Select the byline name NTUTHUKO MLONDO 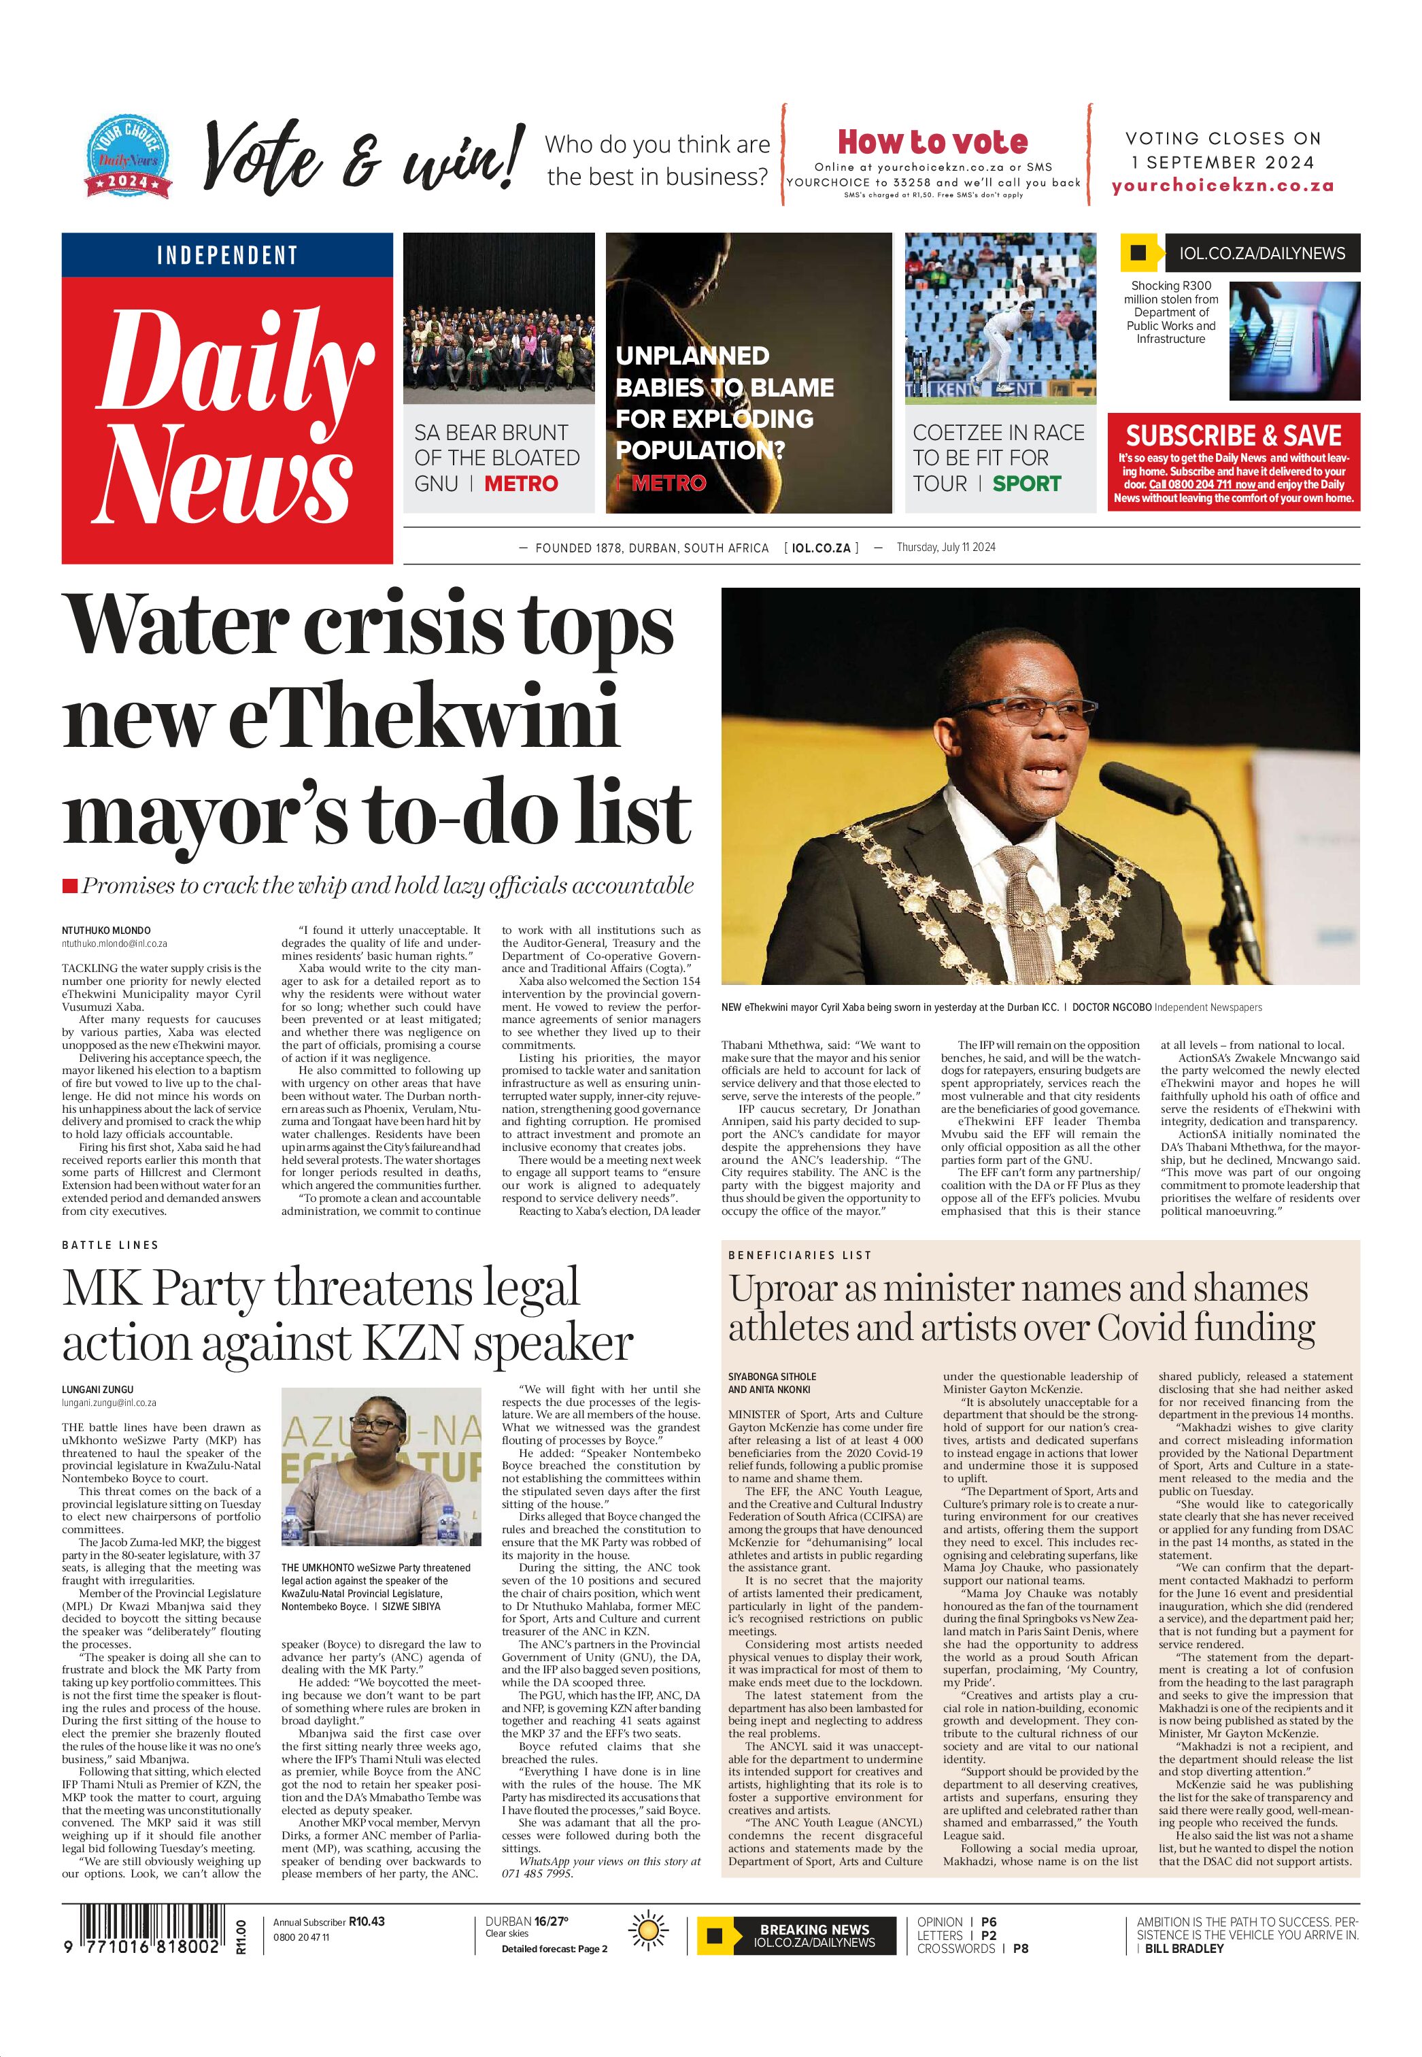coord(106,931)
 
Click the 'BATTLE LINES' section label coord(110,1244)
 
